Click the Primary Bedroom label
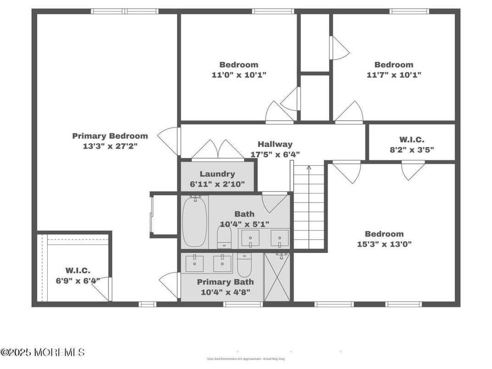(110, 136)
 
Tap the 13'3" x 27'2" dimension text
(110, 146)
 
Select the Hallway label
(274, 144)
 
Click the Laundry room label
(217, 174)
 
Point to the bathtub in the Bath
(195, 221)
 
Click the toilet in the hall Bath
(224, 237)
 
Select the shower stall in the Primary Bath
(277, 277)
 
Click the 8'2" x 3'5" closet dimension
(412, 149)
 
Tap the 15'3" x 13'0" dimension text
(384, 244)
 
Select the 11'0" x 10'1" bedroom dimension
(239, 74)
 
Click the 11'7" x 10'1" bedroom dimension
(394, 74)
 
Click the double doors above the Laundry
(218, 150)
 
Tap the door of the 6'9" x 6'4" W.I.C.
(102, 289)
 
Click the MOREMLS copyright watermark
(43, 352)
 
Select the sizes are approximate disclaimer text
(246, 359)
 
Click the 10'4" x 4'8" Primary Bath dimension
(225, 292)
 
